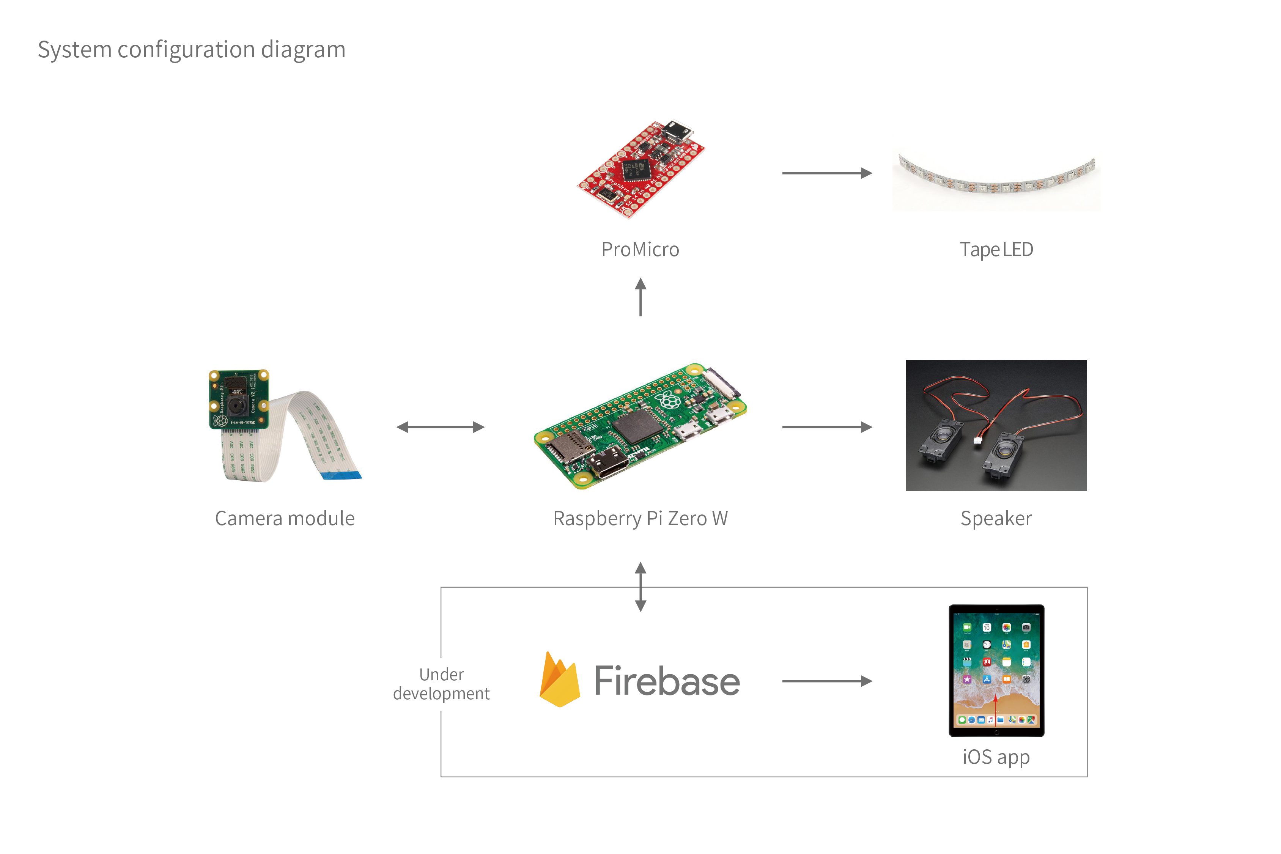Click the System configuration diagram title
click(191, 50)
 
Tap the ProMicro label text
click(640, 249)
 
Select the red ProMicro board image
click(641, 168)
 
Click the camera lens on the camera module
click(236, 405)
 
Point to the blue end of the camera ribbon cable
click(341, 475)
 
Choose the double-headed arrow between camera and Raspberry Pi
click(440, 427)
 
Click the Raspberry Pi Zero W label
click(640, 519)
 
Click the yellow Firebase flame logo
click(559, 680)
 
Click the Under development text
click(441, 684)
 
